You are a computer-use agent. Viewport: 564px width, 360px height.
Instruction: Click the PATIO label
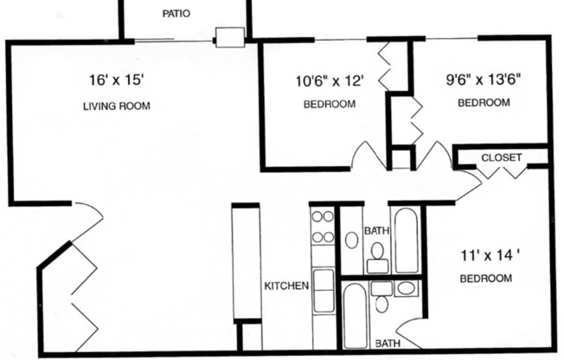(176, 14)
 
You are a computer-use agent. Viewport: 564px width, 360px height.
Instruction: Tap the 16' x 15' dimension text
(116, 80)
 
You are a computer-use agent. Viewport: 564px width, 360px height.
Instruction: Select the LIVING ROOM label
(116, 106)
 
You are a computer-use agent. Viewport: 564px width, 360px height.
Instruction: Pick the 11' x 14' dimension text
(484, 255)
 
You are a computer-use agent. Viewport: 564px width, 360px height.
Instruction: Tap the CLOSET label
(501, 157)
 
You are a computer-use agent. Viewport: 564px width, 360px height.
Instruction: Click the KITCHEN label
(286, 286)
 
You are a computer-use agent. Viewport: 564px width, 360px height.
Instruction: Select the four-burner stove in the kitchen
(323, 227)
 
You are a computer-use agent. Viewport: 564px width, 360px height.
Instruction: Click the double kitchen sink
(324, 291)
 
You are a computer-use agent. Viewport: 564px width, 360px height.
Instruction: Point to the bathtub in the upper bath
(406, 239)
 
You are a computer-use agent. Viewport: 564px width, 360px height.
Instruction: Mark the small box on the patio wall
(229, 36)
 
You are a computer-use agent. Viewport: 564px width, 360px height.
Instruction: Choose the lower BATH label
(387, 344)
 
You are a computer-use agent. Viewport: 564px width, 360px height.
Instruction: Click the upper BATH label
(375, 231)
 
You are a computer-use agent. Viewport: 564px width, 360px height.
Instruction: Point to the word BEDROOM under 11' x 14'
(484, 279)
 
